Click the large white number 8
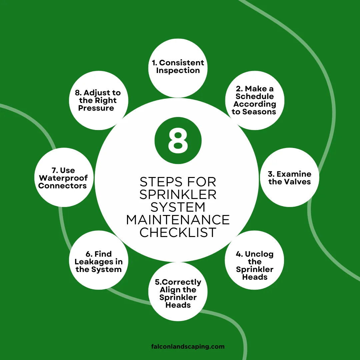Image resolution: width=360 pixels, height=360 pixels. tap(178, 141)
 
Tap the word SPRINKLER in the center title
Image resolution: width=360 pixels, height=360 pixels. tap(178, 194)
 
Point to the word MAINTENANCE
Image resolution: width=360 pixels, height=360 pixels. tap(178, 220)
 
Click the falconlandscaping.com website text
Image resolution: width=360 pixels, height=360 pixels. tap(188, 346)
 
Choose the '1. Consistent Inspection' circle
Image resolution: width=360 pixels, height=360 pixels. tap(178, 68)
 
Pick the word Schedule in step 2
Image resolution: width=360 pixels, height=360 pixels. tap(255, 96)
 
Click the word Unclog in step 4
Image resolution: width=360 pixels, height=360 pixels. tap(259, 254)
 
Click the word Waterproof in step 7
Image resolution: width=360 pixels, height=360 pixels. tap(63, 178)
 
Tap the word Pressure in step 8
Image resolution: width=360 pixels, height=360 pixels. tap(96, 108)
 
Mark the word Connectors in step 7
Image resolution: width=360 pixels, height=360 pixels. tap(62, 186)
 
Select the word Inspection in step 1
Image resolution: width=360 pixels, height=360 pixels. tap(178, 70)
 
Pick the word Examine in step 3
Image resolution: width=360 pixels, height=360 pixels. tap(294, 174)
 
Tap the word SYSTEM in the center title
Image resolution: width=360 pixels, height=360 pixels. tap(178, 207)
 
